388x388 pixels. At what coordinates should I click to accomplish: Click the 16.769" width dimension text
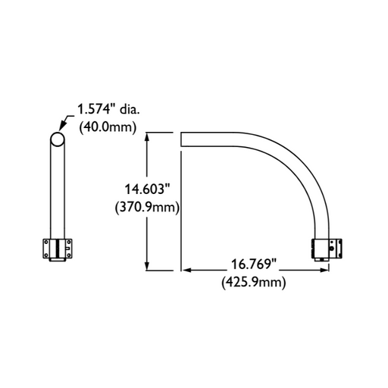[x=253, y=266]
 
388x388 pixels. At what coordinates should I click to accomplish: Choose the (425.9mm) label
[x=253, y=282]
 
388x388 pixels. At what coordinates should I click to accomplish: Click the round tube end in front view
[x=58, y=139]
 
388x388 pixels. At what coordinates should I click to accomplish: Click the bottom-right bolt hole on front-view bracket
[x=68, y=255]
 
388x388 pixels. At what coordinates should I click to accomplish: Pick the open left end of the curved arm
[x=182, y=140]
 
